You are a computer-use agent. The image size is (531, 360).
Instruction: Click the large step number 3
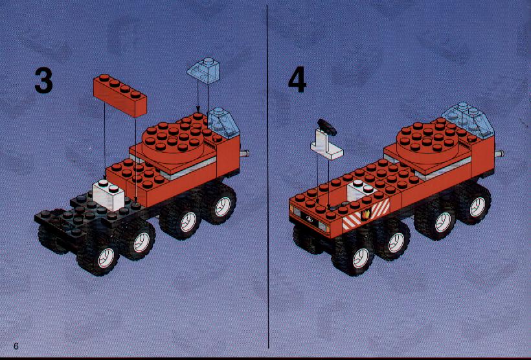[43, 80]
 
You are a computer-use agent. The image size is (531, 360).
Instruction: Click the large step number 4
[297, 80]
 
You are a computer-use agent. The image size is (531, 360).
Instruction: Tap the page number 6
[16, 346]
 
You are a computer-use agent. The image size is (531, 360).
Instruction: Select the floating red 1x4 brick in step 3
[120, 95]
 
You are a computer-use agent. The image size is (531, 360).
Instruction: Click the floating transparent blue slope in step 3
[203, 71]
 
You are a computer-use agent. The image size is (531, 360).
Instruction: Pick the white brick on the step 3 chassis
[108, 194]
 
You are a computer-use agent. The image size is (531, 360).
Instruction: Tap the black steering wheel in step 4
[327, 127]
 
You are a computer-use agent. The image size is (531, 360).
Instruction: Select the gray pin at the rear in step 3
[245, 153]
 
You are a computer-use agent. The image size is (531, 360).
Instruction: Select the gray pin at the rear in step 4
[499, 153]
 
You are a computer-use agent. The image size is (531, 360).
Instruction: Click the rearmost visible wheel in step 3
[218, 204]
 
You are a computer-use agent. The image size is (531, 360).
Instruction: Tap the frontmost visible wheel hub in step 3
[106, 258]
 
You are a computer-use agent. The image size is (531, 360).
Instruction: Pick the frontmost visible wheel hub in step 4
[361, 258]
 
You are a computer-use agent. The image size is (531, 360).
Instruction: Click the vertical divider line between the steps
[268, 177]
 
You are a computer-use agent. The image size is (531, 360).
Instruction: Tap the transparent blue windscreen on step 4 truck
[465, 118]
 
